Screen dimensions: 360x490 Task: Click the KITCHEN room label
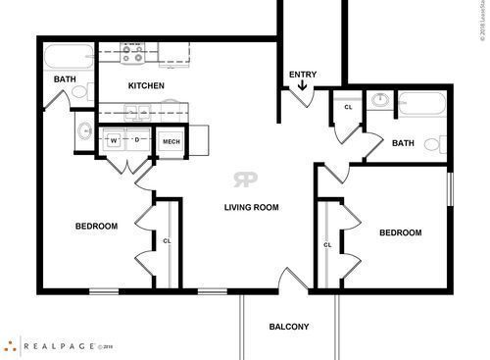tap(145, 86)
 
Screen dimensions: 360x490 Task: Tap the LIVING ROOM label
tap(252, 207)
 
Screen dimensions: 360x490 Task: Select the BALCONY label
tap(289, 327)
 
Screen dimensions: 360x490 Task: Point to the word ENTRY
tap(301, 75)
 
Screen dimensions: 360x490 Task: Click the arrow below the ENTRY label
tap(302, 87)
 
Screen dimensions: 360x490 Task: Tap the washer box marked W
tap(114, 141)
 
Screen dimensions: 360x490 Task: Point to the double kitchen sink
tap(137, 114)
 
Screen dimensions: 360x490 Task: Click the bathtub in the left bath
tap(67, 54)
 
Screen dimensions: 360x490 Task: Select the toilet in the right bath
tap(435, 144)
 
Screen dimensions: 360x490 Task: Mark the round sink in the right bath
tap(380, 100)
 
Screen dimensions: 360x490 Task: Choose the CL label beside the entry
tap(348, 107)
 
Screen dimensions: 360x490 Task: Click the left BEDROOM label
tap(96, 227)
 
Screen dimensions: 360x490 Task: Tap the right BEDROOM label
tap(400, 232)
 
